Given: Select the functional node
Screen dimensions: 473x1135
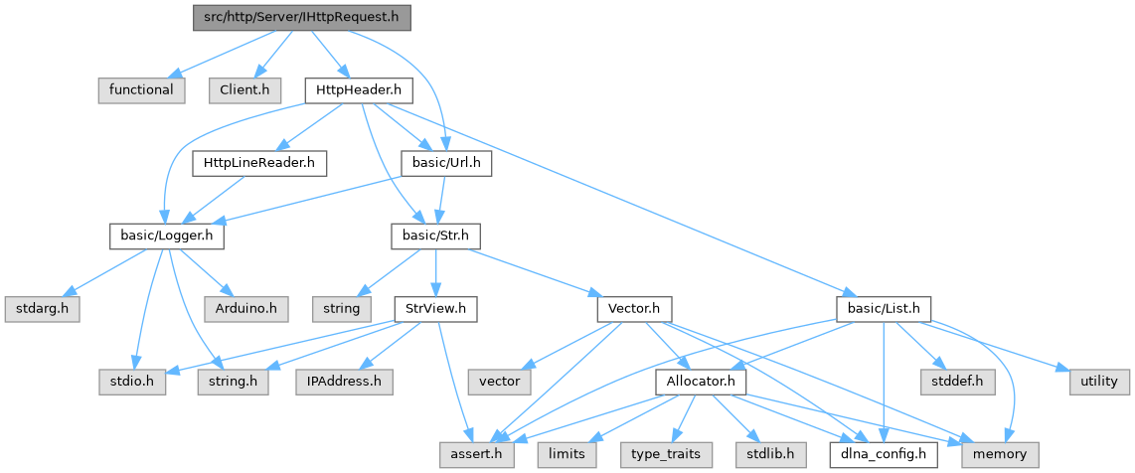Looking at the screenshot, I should (x=141, y=89).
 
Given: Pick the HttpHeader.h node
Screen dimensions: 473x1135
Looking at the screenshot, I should (x=358, y=89).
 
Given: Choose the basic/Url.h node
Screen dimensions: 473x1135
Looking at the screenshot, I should (x=445, y=162).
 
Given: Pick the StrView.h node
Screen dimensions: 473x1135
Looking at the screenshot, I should (x=435, y=308).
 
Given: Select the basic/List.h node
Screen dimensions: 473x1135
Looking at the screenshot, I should (x=884, y=308).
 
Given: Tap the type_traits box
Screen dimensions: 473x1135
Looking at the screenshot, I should (x=665, y=453).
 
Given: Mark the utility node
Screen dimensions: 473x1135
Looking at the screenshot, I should (x=1097, y=381).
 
